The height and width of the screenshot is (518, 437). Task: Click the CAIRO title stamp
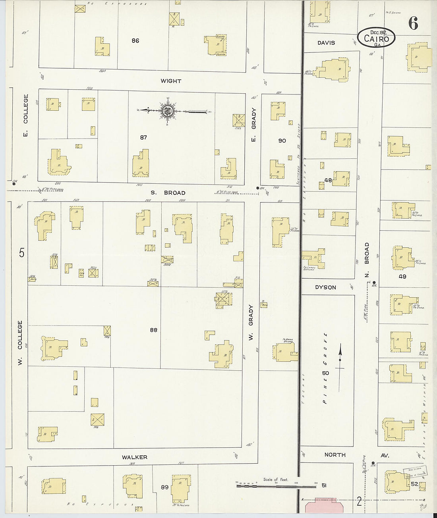376,38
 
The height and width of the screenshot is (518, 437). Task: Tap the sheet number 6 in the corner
413,24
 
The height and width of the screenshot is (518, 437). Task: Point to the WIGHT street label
171,81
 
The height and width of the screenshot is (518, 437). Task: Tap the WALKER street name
135,457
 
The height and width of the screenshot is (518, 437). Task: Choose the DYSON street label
325,287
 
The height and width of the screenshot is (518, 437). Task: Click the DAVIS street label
326,43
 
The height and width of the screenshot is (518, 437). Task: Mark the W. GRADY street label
251,322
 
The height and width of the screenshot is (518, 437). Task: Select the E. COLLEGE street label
26,115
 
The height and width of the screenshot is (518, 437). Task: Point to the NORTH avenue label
335,455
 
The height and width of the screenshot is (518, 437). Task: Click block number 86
135,40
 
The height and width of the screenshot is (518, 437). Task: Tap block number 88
154,330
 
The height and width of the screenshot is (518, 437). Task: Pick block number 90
282,141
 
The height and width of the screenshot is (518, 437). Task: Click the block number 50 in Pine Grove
325,373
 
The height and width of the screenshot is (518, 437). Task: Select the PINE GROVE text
325,368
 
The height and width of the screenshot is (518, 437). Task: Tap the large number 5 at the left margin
21,252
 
